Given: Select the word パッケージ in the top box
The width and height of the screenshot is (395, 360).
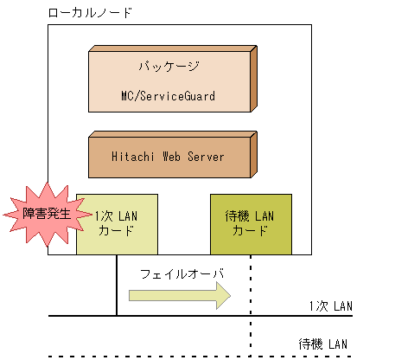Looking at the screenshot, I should tap(169, 67).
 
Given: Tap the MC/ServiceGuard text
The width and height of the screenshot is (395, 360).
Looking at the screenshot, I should tap(169, 95).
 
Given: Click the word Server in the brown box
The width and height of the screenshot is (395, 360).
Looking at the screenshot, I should tap(204, 157).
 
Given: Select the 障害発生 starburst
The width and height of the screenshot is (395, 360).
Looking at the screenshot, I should tap(39, 210).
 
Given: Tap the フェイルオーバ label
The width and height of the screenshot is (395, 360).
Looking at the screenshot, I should tap(182, 274).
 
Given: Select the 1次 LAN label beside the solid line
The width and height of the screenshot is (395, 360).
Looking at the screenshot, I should tap(329, 306).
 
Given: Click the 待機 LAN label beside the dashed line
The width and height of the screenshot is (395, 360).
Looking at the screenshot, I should tap(322, 344).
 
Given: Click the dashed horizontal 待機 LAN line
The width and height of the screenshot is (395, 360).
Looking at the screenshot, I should tap(173, 356).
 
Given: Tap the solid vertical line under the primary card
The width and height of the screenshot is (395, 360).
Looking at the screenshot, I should tap(117, 286).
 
